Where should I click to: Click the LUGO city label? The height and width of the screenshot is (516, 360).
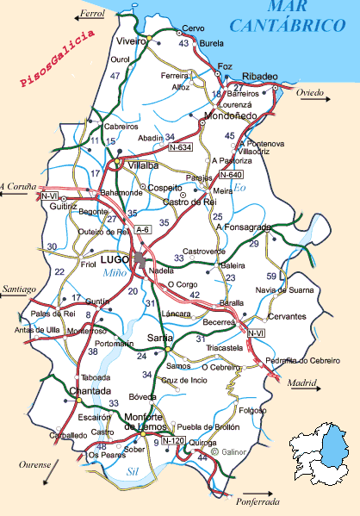(x=114, y=258)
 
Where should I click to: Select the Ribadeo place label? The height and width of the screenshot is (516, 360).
(x=260, y=75)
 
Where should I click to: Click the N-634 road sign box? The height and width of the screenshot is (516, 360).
(x=180, y=148)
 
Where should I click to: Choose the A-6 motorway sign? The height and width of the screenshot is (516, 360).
(x=143, y=229)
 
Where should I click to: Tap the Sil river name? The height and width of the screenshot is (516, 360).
(x=132, y=472)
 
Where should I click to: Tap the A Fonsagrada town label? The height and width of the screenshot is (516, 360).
(x=244, y=227)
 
